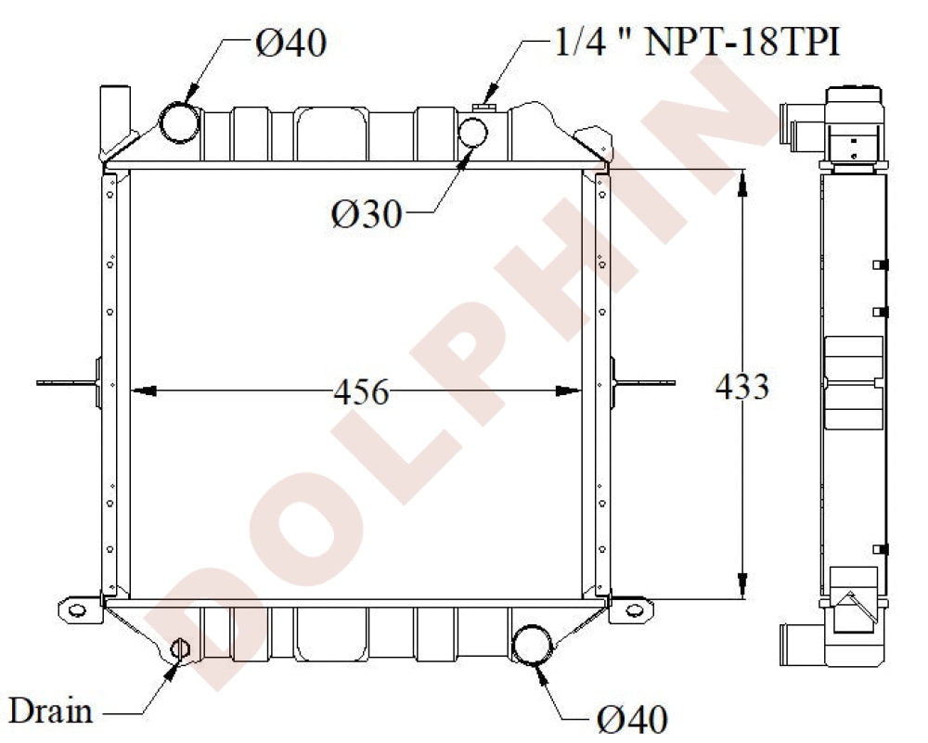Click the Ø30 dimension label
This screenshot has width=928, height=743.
click(367, 214)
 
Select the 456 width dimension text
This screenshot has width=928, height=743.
click(361, 391)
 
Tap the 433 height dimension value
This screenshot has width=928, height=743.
click(742, 386)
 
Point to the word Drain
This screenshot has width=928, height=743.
click(50, 711)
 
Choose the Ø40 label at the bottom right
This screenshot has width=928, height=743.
click(631, 718)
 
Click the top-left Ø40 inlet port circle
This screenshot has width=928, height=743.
click(179, 122)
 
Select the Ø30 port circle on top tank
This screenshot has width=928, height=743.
click(475, 133)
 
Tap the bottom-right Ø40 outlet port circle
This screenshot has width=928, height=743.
click(532, 646)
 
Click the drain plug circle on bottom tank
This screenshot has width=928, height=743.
click(181, 648)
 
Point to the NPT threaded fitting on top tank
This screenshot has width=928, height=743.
click(483, 109)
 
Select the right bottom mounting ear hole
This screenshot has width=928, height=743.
click(633, 609)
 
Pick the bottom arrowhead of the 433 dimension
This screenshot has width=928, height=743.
click(742, 585)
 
